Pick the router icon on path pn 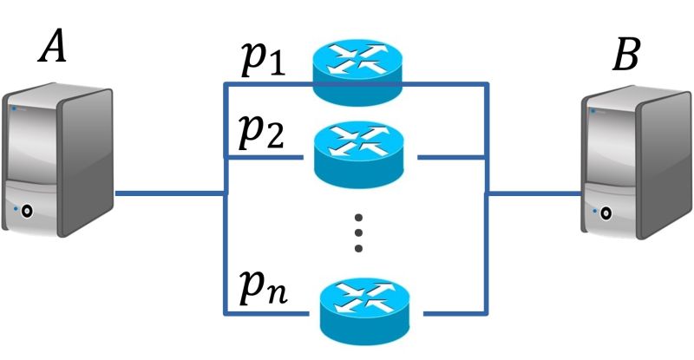click(364, 309)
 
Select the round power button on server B click(604, 211)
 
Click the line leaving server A click(169, 193)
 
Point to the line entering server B click(534, 193)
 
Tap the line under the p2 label click(260, 158)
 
